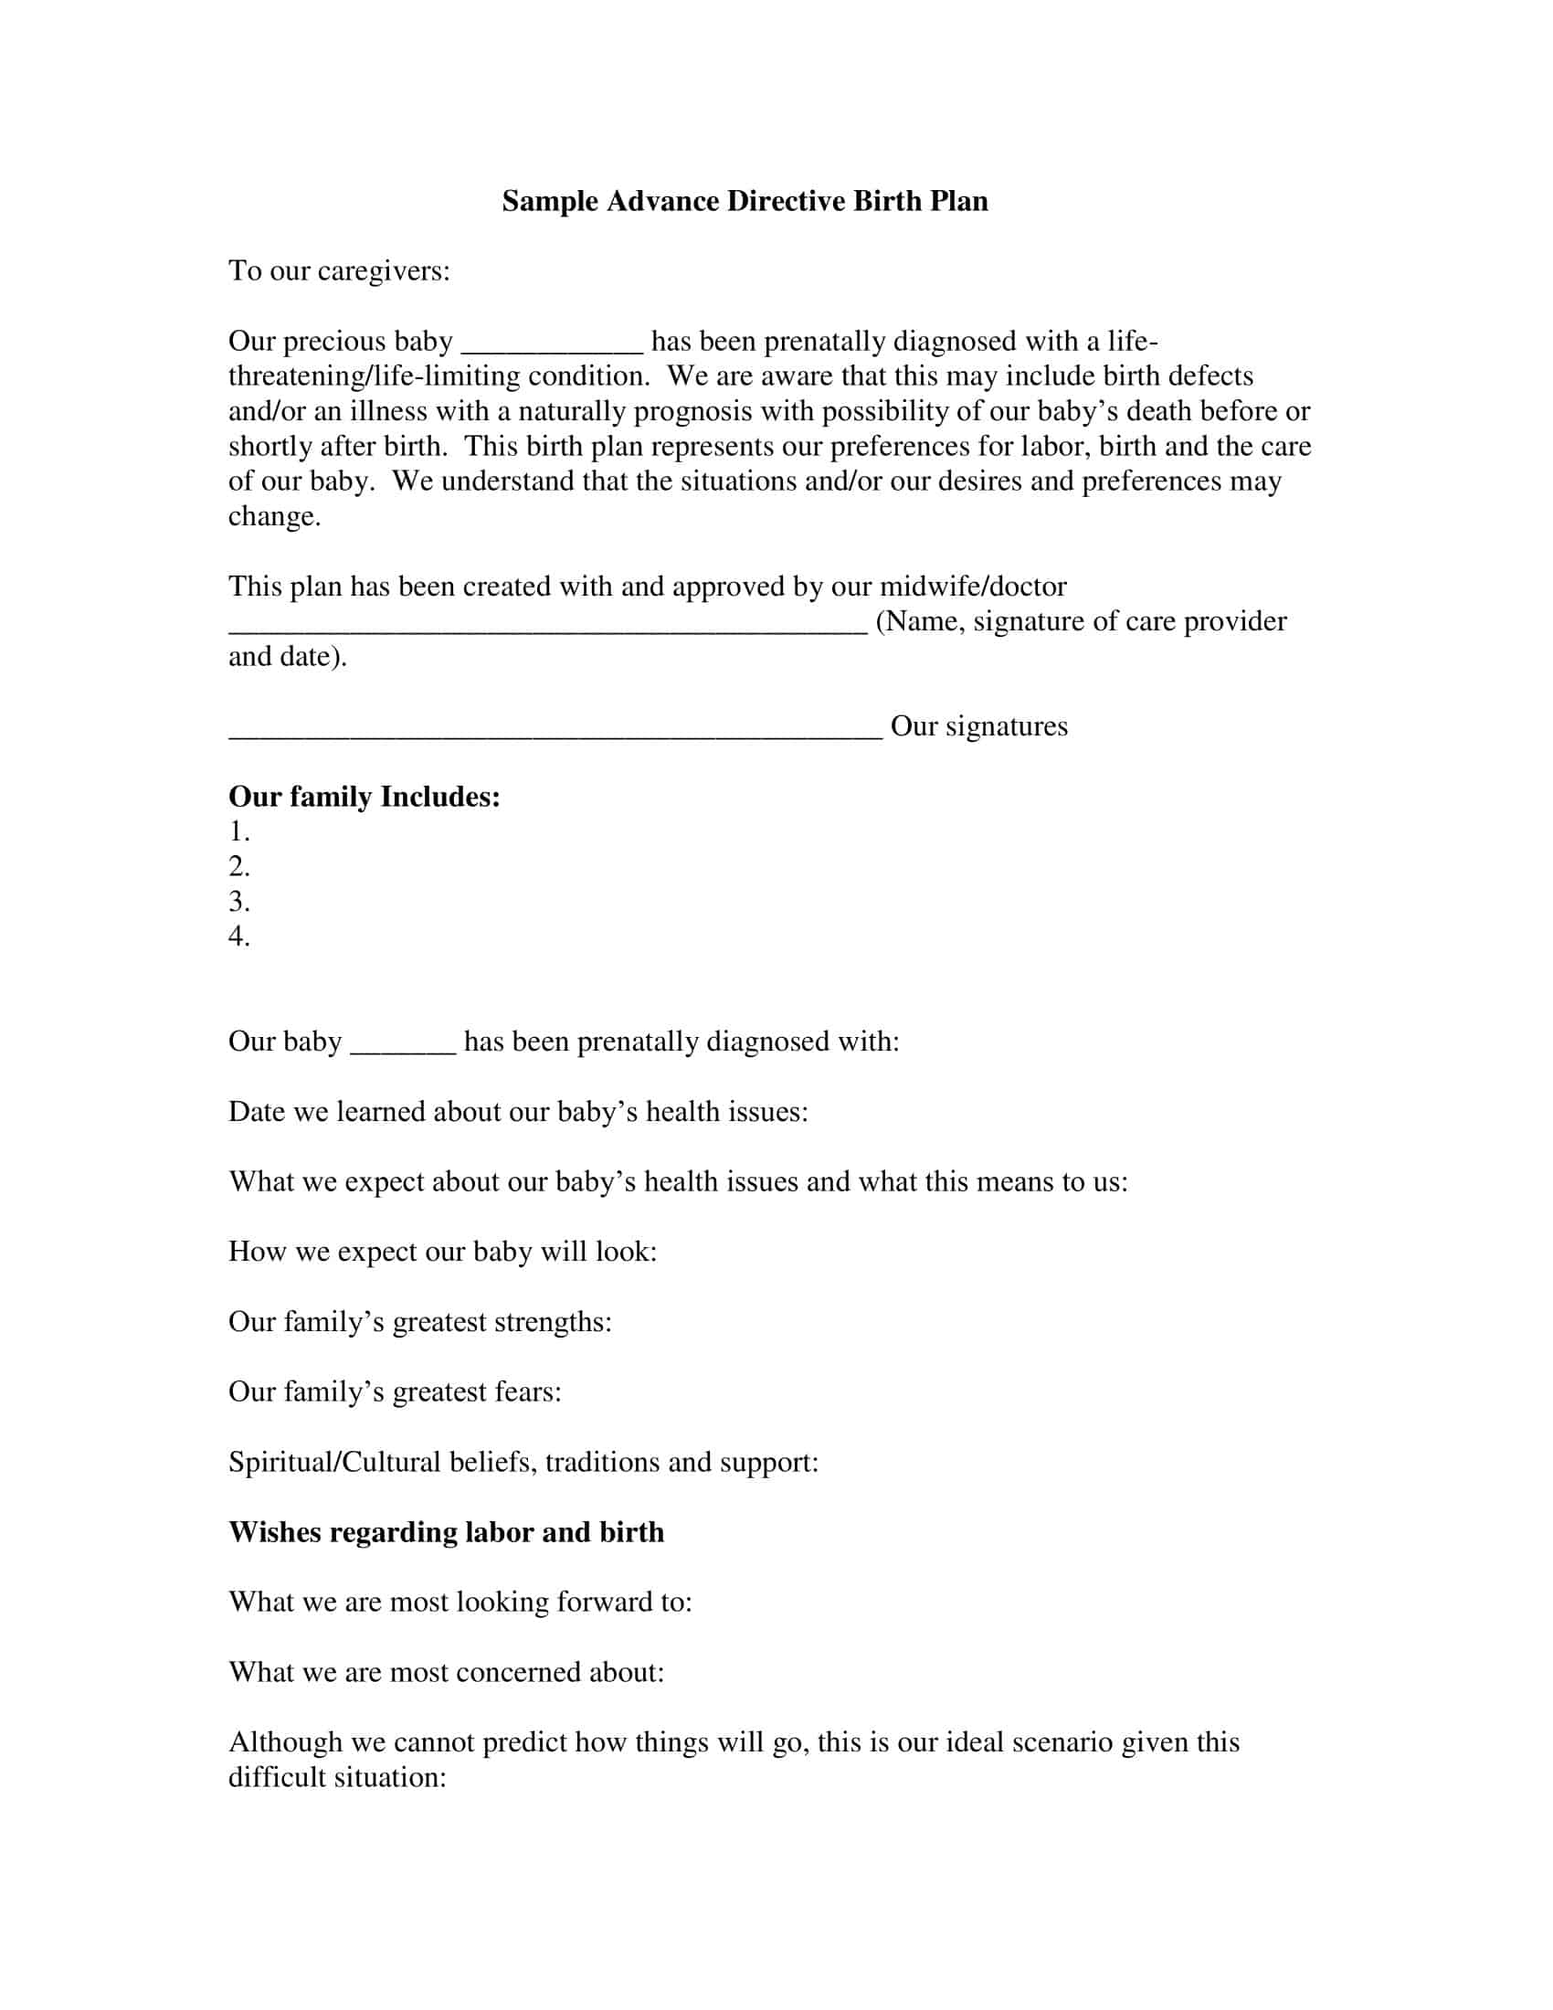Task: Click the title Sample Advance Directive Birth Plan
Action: click(745, 202)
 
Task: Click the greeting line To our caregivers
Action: click(339, 271)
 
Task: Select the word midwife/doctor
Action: click(973, 587)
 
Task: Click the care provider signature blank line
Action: click(547, 628)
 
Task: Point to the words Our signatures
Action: click(979, 726)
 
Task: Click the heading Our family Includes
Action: click(364, 796)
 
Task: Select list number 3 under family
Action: click(239, 901)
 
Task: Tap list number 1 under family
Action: click(239, 831)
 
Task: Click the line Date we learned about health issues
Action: click(518, 1112)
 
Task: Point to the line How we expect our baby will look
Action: click(442, 1252)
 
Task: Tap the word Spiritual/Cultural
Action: click(334, 1463)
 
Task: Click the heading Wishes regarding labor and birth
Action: click(446, 1532)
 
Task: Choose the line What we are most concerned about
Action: click(446, 1672)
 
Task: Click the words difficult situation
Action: click(337, 1777)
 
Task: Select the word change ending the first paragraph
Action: click(273, 517)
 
